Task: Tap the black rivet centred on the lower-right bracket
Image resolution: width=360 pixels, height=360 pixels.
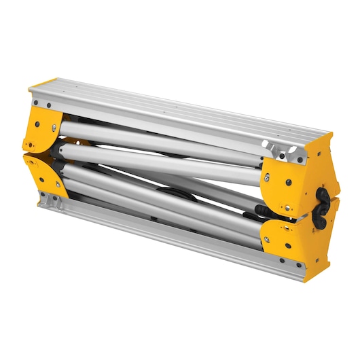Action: click(x=289, y=245)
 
